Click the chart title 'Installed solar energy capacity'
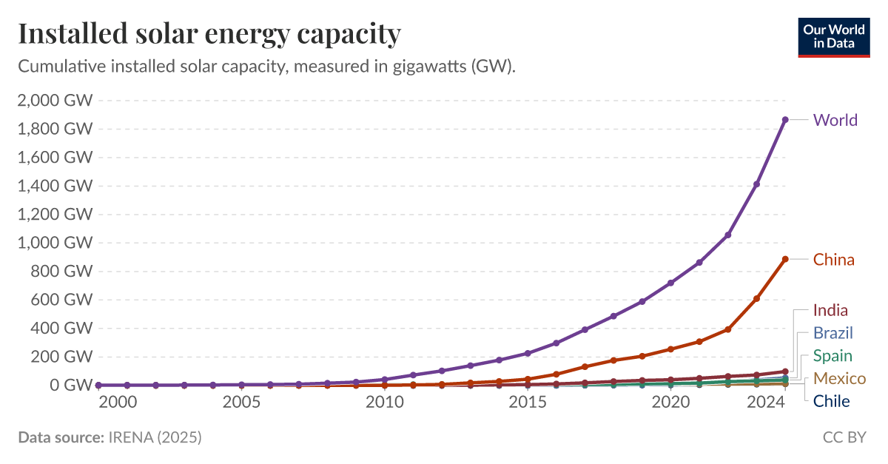tap(209, 33)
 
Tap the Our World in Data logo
tap(833, 36)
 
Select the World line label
tap(835, 120)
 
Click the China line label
tap(833, 260)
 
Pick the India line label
tap(830, 310)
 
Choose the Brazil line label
tap(833, 333)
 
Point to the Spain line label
tap(832, 356)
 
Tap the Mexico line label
tap(839, 379)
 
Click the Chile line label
tap(831, 402)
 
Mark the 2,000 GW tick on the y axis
tap(54, 101)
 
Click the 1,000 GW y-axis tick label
tap(54, 243)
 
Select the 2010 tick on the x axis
tap(384, 403)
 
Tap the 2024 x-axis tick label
tap(765, 403)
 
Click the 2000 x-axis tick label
tap(118, 403)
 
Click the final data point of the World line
tap(785, 119)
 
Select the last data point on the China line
tap(785, 259)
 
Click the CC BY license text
tap(844, 437)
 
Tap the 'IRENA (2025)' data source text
tap(155, 437)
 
